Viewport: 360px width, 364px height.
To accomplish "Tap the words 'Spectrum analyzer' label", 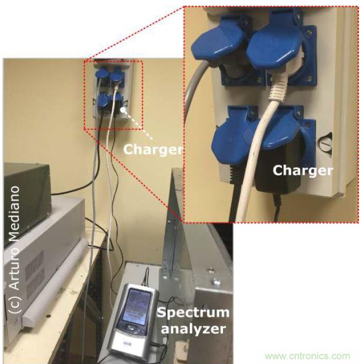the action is click(193, 321).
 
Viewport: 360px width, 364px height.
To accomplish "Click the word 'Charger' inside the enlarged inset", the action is click(303, 170).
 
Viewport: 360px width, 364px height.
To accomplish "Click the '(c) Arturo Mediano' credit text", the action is click(13, 250).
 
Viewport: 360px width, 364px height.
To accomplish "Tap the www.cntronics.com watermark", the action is click(307, 356).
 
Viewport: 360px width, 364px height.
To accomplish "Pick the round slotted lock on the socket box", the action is click(325, 143).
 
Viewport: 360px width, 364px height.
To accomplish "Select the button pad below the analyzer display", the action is click(131, 328).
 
